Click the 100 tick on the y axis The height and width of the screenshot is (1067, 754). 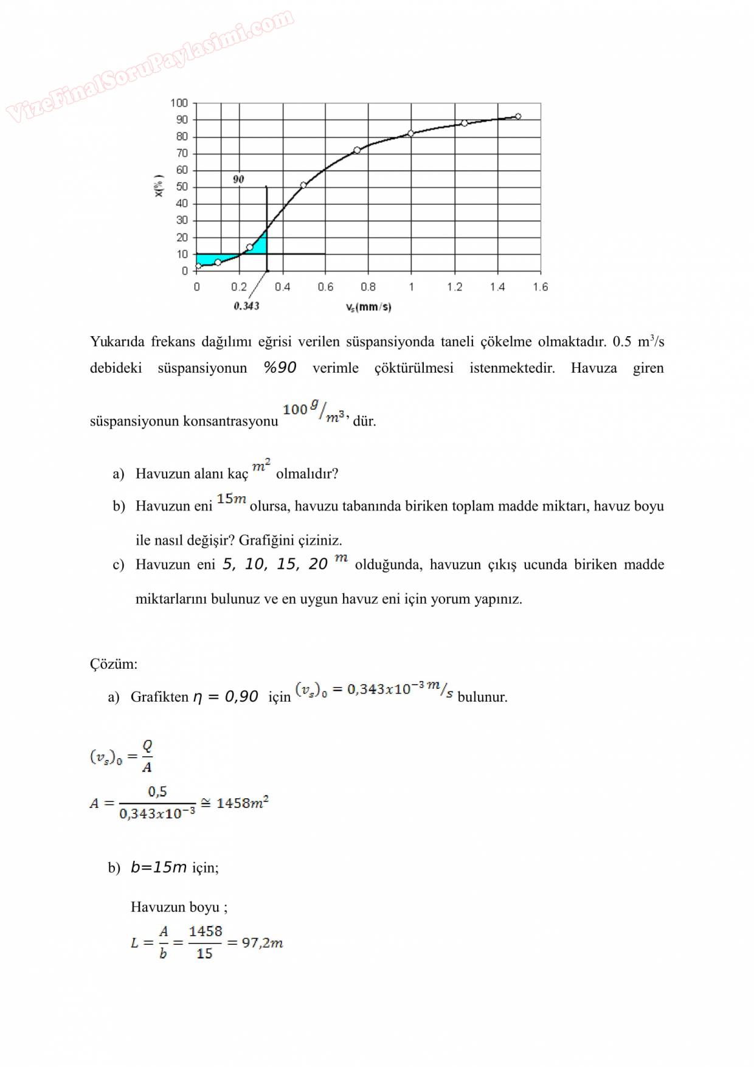[x=179, y=103]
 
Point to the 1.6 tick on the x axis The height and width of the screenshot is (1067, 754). [x=540, y=287]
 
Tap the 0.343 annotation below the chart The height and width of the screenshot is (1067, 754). [x=246, y=306]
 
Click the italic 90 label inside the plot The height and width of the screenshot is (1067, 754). [x=238, y=179]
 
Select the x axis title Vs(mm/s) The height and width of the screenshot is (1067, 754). [x=368, y=307]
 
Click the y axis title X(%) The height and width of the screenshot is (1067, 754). [x=159, y=186]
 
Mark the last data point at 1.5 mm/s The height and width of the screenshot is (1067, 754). [x=518, y=116]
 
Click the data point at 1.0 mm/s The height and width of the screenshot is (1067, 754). [x=411, y=133]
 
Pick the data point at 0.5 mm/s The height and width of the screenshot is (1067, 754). [x=303, y=185]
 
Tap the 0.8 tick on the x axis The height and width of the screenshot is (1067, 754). [x=368, y=287]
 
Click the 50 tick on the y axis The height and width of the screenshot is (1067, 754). [x=182, y=187]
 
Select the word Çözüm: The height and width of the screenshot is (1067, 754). [x=114, y=663]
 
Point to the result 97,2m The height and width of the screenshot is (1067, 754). [x=262, y=942]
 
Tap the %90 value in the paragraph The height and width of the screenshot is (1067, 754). [x=280, y=368]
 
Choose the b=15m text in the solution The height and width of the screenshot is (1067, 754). [x=159, y=867]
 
